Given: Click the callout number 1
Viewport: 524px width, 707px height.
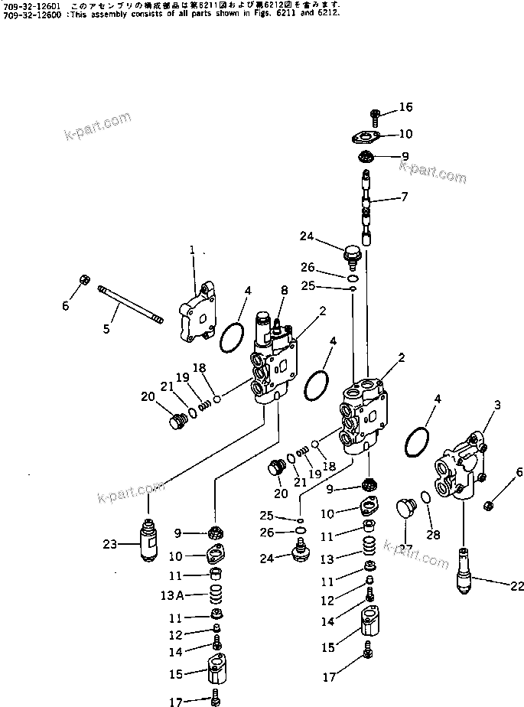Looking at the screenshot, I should [193, 249].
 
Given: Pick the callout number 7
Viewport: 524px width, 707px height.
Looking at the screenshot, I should [405, 197].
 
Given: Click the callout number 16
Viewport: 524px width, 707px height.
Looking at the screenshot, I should [405, 106].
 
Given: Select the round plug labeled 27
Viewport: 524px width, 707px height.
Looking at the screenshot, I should [406, 506].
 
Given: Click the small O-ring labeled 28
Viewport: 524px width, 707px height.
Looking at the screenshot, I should [426, 498].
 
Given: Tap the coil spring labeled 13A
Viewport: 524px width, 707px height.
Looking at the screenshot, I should [216, 595].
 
